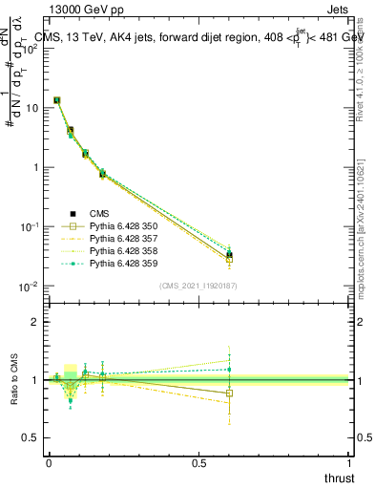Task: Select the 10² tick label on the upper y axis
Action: tap(31, 49)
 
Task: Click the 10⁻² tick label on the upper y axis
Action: tap(31, 287)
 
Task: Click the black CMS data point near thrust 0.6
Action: tap(229, 255)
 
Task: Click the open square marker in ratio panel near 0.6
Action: tap(229, 393)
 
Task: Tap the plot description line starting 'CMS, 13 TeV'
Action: tap(200, 38)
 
